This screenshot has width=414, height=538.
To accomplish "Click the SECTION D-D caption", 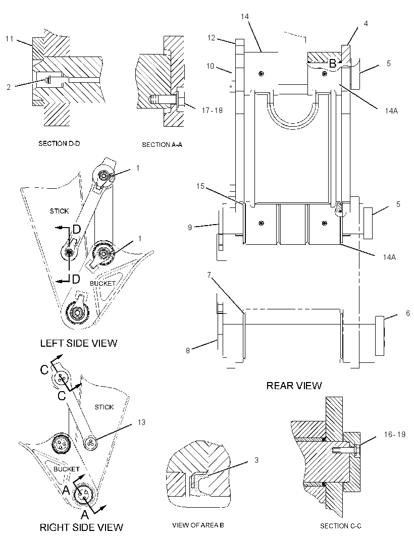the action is pyautogui.click(x=59, y=143).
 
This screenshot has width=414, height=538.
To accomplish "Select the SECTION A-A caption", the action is pyautogui.click(x=162, y=145).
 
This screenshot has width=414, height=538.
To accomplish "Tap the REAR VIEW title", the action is pyautogui.click(x=294, y=386).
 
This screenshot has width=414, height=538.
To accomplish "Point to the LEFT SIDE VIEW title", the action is pyautogui.click(x=79, y=343).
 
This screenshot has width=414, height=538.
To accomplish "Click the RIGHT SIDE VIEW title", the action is pyautogui.click(x=81, y=527).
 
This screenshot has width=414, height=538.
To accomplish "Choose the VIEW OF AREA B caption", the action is pyautogui.click(x=198, y=525).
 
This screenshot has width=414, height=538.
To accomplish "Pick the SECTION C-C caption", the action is pyautogui.click(x=340, y=526).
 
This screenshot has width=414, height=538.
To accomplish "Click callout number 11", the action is pyautogui.click(x=9, y=39).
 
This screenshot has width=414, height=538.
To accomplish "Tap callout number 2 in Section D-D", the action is pyautogui.click(x=9, y=87).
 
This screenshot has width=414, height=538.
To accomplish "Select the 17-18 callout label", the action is pyautogui.click(x=212, y=110).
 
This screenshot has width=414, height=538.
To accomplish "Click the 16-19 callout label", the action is pyautogui.click(x=395, y=435).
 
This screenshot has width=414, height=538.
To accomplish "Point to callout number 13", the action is pyautogui.click(x=141, y=422).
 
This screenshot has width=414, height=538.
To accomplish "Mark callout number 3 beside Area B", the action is pyautogui.click(x=256, y=460).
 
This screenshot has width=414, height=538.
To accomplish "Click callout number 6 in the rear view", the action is pyautogui.click(x=408, y=313).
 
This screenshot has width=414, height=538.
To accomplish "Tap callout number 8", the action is pyautogui.click(x=188, y=351).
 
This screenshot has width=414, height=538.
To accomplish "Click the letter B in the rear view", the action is pyautogui.click(x=332, y=64).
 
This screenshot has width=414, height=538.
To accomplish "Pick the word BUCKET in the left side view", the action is pyautogui.click(x=102, y=284).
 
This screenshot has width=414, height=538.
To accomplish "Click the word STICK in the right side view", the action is pyautogui.click(x=104, y=407).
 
